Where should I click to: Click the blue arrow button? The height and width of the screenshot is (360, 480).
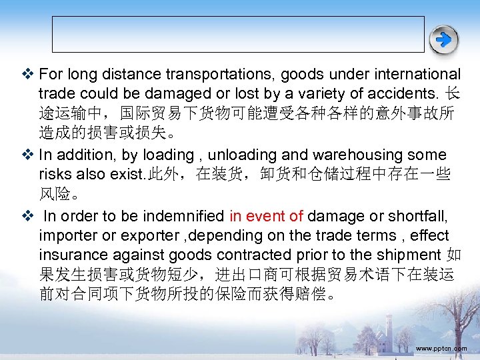(444, 40)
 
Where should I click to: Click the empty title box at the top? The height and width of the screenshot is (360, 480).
(238, 34)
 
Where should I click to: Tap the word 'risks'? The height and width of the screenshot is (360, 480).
(55, 174)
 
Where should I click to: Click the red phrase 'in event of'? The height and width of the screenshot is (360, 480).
(266, 216)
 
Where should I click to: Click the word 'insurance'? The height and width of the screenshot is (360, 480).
(73, 255)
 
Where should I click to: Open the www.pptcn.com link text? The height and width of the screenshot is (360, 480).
(441, 348)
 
